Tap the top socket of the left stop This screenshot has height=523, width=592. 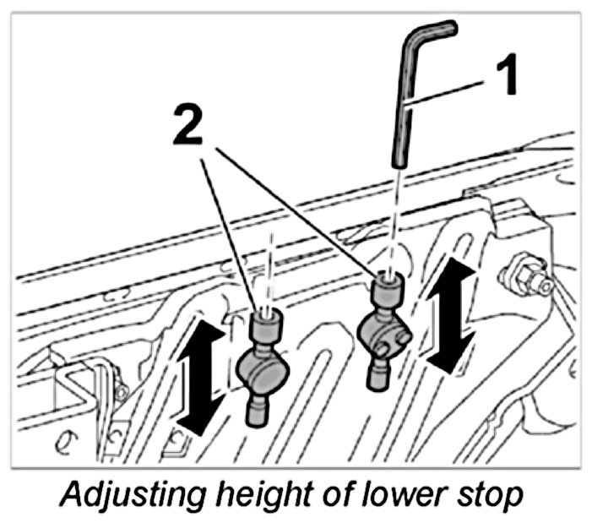pyautogui.click(x=264, y=324)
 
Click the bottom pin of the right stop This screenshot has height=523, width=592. pyautogui.click(x=379, y=373)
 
